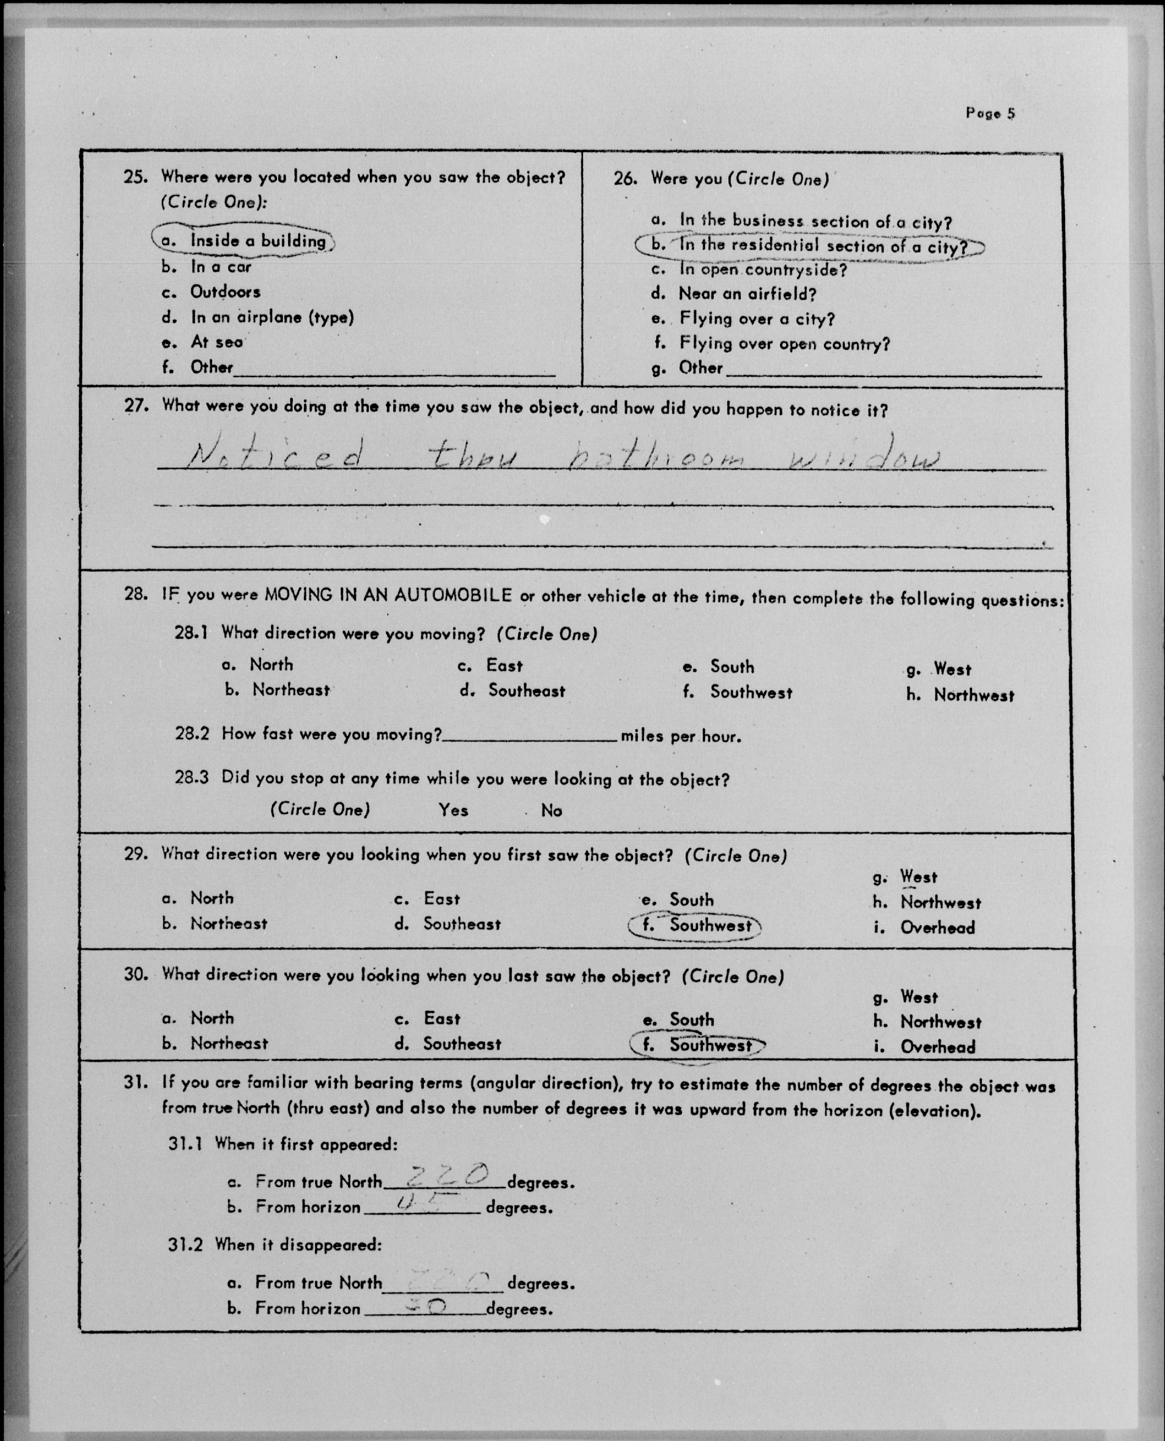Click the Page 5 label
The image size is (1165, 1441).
click(990, 113)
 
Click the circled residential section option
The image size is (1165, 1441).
click(808, 246)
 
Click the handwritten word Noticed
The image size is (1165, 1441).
click(275, 459)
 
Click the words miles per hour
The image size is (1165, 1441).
click(680, 736)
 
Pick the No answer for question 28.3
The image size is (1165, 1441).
click(551, 811)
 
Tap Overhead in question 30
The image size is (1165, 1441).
click(937, 1047)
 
